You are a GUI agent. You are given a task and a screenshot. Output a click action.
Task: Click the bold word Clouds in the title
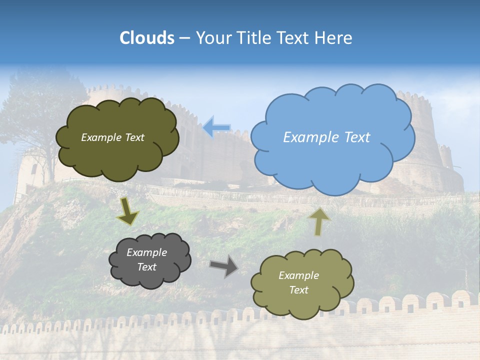coord(147,38)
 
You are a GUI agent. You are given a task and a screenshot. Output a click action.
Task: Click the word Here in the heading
coord(335,38)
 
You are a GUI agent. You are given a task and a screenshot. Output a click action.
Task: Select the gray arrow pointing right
coord(224,265)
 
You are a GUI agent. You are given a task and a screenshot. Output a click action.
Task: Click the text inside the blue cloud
coord(326,137)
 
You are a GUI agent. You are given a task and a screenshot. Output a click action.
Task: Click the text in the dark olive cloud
coord(112,137)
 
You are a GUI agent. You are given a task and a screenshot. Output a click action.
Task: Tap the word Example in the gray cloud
coord(146,252)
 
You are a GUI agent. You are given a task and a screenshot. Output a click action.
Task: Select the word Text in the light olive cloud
coord(298,290)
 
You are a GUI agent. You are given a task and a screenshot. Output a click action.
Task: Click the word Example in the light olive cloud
coord(298,275)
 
